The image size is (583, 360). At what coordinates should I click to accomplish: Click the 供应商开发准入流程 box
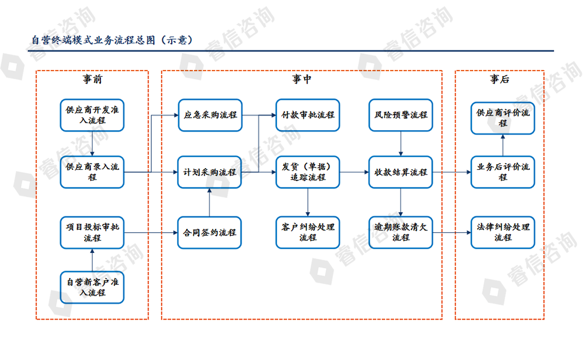point(92,115)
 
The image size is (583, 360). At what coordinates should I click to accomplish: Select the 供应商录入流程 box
point(92,172)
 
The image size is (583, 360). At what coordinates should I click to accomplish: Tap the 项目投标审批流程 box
point(92,232)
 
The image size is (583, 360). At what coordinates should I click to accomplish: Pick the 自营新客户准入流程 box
point(92,287)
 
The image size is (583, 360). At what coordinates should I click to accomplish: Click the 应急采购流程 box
point(210,115)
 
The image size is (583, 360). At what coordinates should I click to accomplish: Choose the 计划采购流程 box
point(210,172)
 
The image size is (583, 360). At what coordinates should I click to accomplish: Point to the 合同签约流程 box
point(210,232)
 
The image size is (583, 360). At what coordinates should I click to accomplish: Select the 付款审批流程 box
point(308,115)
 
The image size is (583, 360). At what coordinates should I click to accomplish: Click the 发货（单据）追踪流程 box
point(308,172)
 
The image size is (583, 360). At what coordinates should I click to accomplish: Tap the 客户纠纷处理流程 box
point(308,232)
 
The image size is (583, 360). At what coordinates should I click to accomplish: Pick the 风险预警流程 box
point(401,115)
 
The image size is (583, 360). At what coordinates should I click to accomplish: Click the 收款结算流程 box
point(401,172)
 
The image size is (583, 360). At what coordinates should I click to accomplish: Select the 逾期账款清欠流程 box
point(401,232)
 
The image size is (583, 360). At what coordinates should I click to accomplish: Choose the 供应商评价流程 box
point(503,118)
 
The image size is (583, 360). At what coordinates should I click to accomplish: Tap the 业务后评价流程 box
point(503,172)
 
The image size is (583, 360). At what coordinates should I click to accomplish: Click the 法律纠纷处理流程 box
point(503,232)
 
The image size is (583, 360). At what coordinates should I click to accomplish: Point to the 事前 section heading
point(92,80)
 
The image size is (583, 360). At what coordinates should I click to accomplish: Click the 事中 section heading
point(302,80)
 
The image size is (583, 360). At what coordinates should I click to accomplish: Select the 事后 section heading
point(499,80)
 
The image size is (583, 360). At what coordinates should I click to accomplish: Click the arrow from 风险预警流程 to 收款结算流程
point(401,144)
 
